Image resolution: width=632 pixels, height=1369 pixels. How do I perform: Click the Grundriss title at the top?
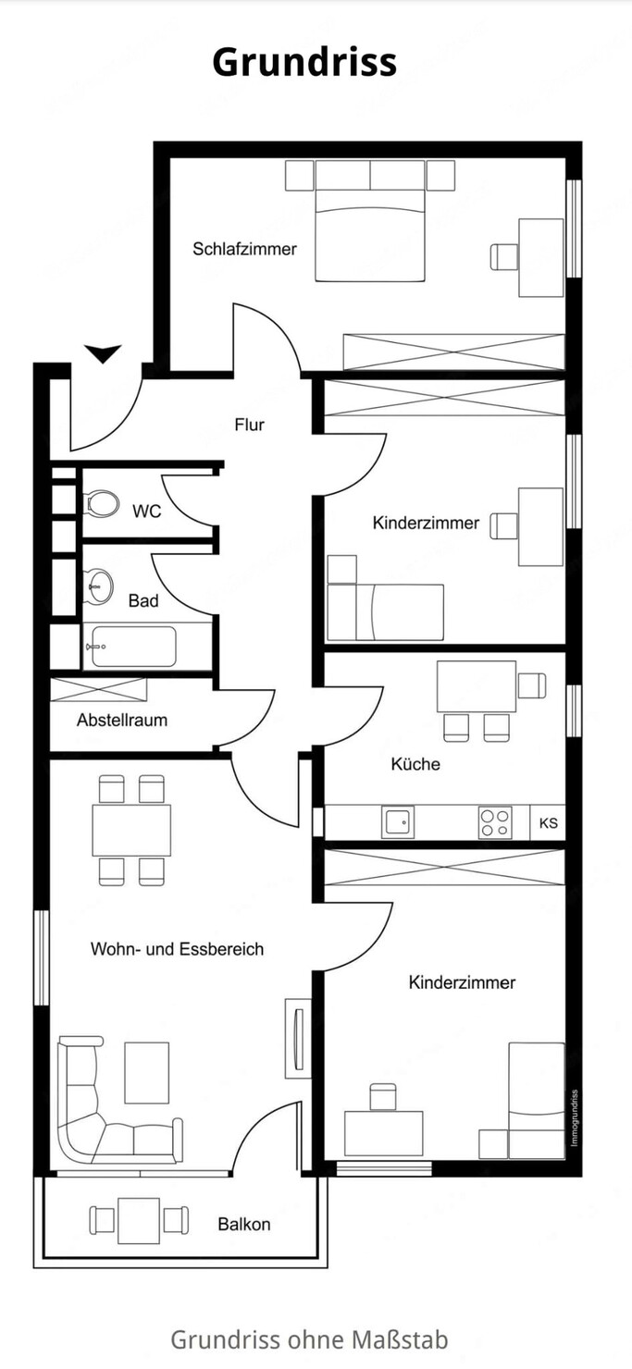pyautogui.click(x=304, y=62)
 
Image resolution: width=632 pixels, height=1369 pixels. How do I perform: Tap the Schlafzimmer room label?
pyautogui.click(x=244, y=249)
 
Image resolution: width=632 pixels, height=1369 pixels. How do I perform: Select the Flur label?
pyautogui.click(x=250, y=425)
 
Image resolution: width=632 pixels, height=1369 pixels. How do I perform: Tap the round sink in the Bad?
pyautogui.click(x=98, y=586)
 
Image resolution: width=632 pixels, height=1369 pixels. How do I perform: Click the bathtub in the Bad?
pyautogui.click(x=131, y=646)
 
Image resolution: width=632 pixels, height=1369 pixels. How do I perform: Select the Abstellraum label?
pyautogui.click(x=122, y=720)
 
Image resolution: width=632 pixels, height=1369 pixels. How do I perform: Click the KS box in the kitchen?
pyautogui.click(x=549, y=822)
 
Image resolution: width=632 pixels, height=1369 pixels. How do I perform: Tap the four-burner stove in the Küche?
pyautogui.click(x=495, y=822)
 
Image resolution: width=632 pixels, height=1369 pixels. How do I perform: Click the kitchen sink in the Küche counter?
pyautogui.click(x=398, y=822)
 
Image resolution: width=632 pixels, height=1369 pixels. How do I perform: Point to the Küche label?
pyautogui.click(x=415, y=764)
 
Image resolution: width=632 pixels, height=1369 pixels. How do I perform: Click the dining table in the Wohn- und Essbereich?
pyautogui.click(x=131, y=831)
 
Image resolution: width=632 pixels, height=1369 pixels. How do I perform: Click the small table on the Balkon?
pyautogui.click(x=139, y=1220)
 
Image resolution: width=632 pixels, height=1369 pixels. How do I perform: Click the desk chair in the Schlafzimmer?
pyautogui.click(x=504, y=257)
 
